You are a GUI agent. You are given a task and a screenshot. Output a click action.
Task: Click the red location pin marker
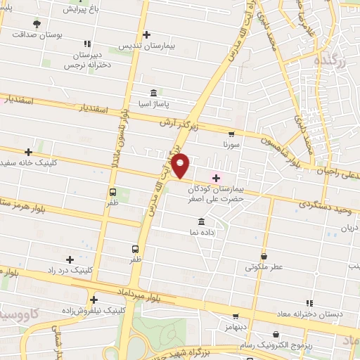point(181,165)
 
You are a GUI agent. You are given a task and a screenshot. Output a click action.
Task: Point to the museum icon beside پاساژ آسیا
point(153,93)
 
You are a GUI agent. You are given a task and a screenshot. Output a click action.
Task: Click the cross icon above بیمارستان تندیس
point(146,34)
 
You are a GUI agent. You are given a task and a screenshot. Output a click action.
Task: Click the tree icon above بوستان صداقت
point(37,24)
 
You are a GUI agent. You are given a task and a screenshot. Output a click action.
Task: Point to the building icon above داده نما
point(202,221)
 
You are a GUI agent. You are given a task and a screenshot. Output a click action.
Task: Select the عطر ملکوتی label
point(264,267)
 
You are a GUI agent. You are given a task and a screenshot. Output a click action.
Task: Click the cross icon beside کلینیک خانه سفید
point(28,151)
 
